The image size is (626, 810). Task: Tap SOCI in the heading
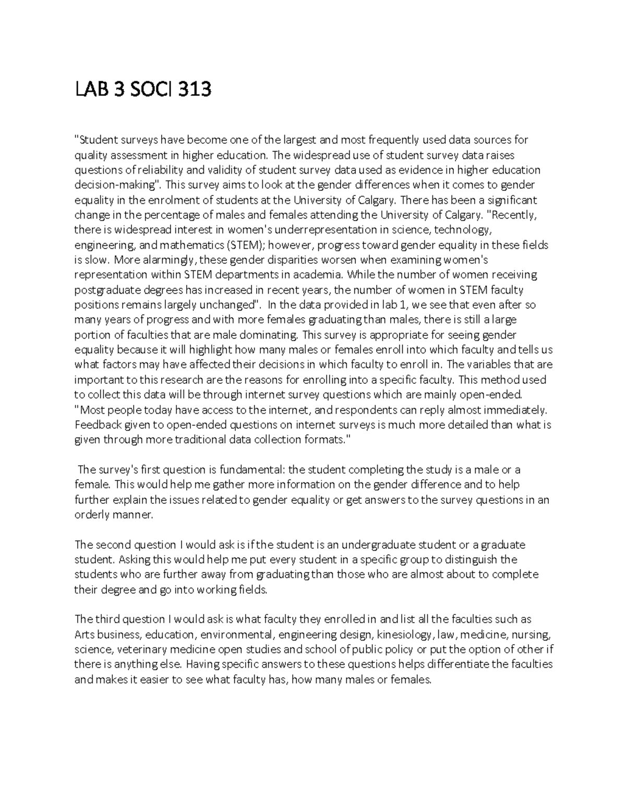point(143,90)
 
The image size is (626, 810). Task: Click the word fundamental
point(251,470)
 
